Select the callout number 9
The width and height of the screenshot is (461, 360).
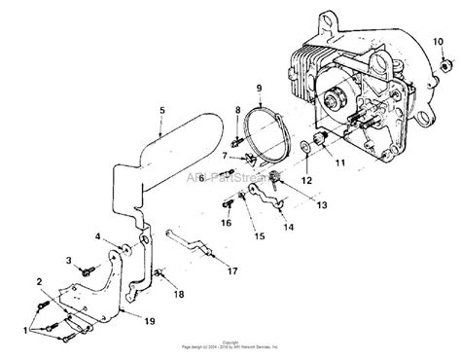point(259,90)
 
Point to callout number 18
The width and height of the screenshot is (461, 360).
point(178,293)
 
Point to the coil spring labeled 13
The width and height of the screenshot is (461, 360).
point(274,178)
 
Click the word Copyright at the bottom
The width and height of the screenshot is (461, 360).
point(230,342)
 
